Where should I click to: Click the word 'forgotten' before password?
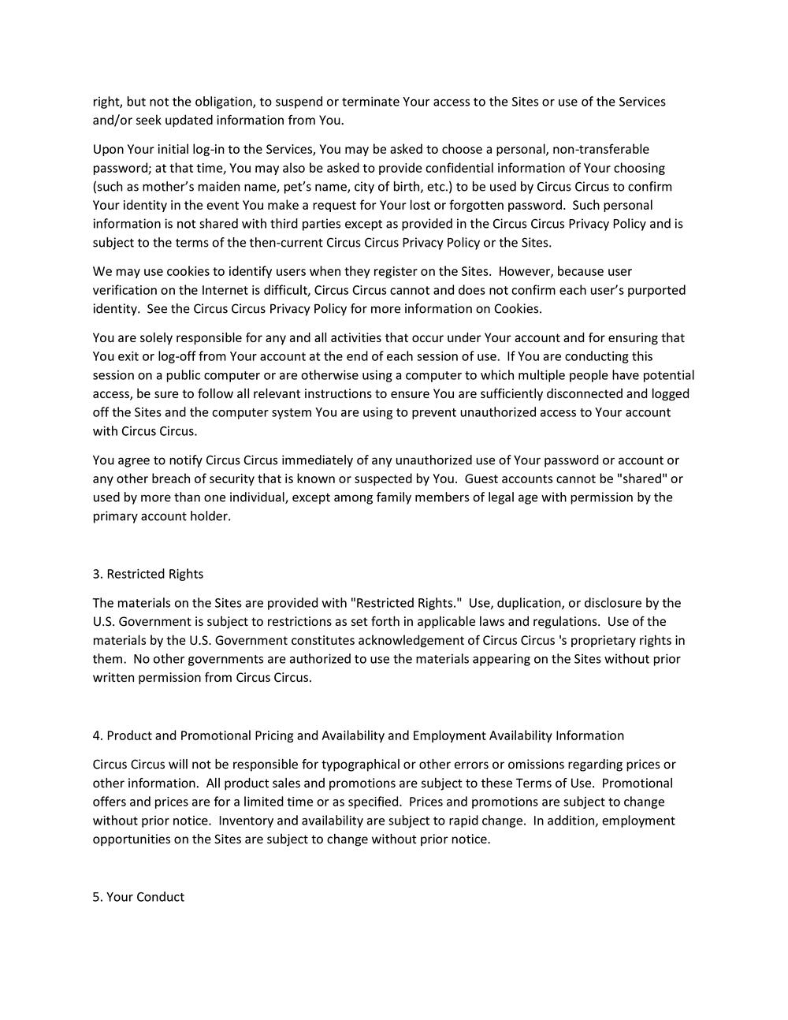[x=477, y=205]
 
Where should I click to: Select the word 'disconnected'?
[x=585, y=393]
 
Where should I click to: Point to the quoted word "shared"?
[x=641, y=478]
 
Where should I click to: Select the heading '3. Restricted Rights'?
[x=148, y=574]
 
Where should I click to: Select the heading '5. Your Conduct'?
[x=139, y=897]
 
